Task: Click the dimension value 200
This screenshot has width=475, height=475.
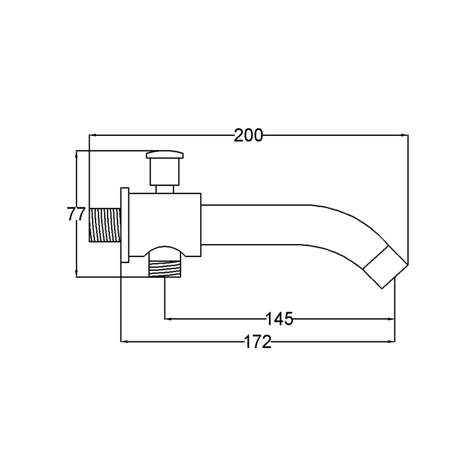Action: click(x=248, y=135)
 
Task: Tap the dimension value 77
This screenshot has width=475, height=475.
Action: click(x=76, y=214)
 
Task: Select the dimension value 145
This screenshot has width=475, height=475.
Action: click(x=279, y=319)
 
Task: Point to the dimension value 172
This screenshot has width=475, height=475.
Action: click(x=258, y=342)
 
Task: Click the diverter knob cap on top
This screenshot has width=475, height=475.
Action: click(x=165, y=155)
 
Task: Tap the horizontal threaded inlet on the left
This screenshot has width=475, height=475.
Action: click(x=105, y=225)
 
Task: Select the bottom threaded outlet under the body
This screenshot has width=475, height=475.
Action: click(x=165, y=269)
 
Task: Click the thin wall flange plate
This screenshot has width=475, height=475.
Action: click(x=125, y=224)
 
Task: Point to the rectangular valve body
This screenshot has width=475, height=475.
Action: click(x=165, y=224)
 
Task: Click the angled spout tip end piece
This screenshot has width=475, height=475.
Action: click(x=385, y=267)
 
